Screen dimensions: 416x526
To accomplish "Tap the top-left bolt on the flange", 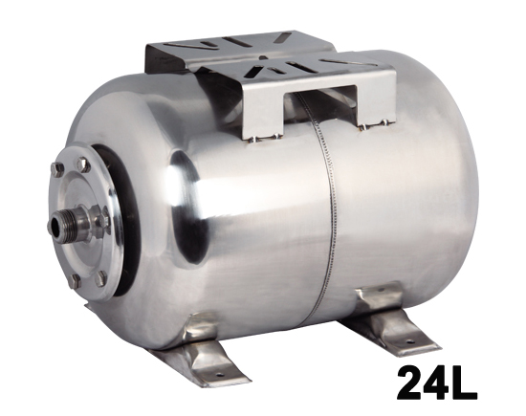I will coord(58,170).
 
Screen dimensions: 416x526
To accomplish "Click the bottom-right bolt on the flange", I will coord(102,278).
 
